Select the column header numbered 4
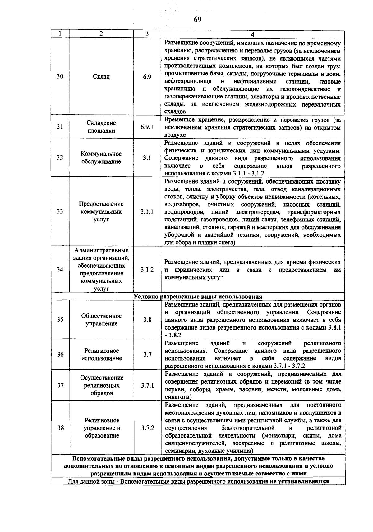tap(252, 34)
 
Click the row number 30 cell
tap(60, 76)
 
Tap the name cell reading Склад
tap(101, 76)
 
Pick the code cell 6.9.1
tap(147, 127)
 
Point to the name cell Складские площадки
tap(101, 127)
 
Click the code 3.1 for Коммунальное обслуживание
tap(147, 158)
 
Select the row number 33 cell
tap(60, 211)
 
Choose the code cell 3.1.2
tap(147, 270)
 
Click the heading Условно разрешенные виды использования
tap(198, 297)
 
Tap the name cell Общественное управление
tap(101, 320)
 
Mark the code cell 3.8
tap(147, 320)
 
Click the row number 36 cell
tap(60, 354)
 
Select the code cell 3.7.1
tap(147, 385)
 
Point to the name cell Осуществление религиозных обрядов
tap(101, 385)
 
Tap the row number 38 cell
tap(60, 428)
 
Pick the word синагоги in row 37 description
tap(177, 397)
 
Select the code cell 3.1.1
tap(147, 211)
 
